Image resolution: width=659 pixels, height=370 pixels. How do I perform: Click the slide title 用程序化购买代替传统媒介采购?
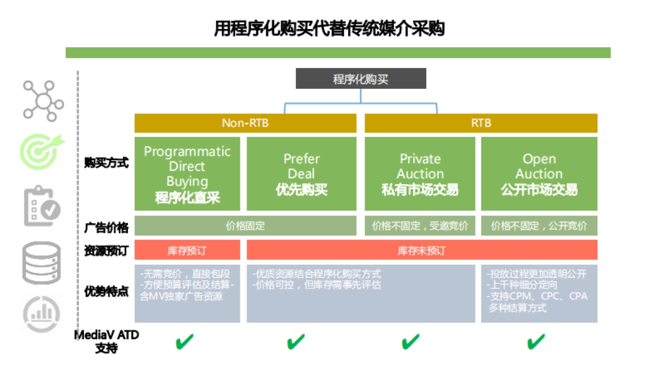pyautogui.click(x=329, y=28)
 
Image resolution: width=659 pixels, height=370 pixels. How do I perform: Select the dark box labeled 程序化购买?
pyautogui.click(x=361, y=78)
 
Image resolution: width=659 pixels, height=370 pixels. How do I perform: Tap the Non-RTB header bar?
pyautogui.click(x=245, y=123)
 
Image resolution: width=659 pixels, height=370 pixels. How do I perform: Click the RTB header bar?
pyautogui.click(x=481, y=123)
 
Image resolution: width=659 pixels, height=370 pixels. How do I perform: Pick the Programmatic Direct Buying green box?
pyautogui.click(x=187, y=173)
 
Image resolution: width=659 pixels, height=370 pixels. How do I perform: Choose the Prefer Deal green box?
pyautogui.click(x=301, y=173)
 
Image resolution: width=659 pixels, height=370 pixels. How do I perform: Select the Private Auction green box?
pyautogui.click(x=420, y=173)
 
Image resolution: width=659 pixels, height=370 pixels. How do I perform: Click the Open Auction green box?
pyautogui.click(x=539, y=173)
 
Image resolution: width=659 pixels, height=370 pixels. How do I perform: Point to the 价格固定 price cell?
pyautogui.click(x=245, y=226)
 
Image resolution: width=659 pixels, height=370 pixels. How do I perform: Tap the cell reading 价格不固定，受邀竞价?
pyautogui.click(x=420, y=226)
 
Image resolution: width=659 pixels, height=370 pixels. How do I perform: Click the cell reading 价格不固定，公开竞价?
pyautogui.click(x=539, y=226)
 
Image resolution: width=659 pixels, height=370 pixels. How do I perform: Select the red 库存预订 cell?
pyautogui.click(x=187, y=250)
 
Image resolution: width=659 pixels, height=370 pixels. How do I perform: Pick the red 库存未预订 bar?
pyautogui.click(x=422, y=250)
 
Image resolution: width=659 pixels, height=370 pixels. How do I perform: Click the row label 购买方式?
pyautogui.click(x=107, y=163)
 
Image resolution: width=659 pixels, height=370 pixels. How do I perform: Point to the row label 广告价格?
pyautogui.click(x=107, y=227)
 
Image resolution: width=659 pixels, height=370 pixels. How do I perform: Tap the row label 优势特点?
pyautogui.click(x=107, y=292)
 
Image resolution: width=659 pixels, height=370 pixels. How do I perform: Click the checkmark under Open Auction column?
pyautogui.click(x=536, y=342)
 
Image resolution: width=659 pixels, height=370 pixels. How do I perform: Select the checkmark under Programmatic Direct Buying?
pyautogui.click(x=185, y=342)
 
